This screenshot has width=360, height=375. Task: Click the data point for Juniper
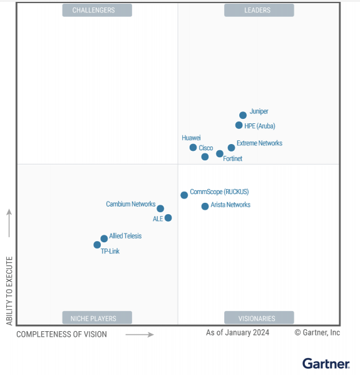pos(243,115)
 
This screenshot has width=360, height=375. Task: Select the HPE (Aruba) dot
pos(239,125)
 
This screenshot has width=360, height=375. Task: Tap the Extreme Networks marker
pos(231,148)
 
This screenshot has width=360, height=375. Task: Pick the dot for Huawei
pos(193,148)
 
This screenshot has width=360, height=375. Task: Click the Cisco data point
pos(205,157)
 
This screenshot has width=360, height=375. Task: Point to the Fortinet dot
pos(219,153)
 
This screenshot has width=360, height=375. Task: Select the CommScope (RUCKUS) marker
pos(184,195)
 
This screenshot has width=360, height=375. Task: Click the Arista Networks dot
pos(205,206)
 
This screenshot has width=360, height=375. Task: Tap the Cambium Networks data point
pos(160,208)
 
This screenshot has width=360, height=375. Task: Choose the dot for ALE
pos(168,218)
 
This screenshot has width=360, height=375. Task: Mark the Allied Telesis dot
pos(104,239)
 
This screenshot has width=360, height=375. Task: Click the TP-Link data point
pos(97,245)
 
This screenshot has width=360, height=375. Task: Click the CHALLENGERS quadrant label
pos(97,10)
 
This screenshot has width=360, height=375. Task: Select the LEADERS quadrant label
pos(259,10)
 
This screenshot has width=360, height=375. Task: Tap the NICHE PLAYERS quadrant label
pos(97,317)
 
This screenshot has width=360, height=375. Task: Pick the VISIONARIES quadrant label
pos(259,317)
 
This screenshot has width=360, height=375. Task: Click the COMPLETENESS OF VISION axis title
pos(61,334)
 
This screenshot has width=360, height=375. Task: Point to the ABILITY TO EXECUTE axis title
pos(9,290)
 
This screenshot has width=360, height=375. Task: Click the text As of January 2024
pos(237,332)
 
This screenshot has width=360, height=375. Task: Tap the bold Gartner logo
pos(326,363)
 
